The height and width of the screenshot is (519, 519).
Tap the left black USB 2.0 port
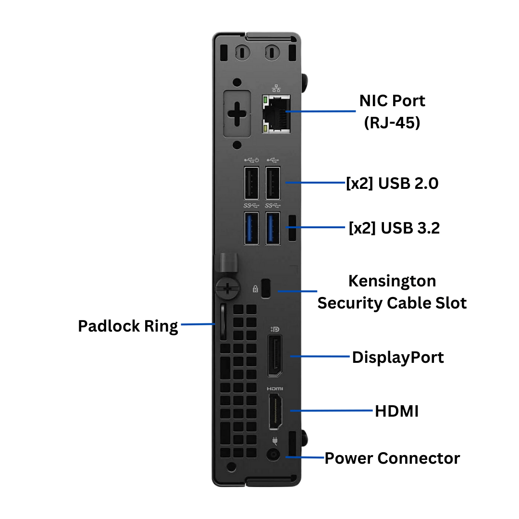click(x=251, y=183)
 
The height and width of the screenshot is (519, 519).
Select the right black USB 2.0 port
click(x=273, y=183)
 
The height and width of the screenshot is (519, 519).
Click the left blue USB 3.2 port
click(x=251, y=227)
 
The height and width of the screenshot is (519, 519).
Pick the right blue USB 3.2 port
click(x=273, y=227)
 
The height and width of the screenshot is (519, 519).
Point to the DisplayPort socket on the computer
click(x=275, y=356)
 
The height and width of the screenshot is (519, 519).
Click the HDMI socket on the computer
click(x=275, y=411)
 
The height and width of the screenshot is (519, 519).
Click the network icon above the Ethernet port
click(x=276, y=88)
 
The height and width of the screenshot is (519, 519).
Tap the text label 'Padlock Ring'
click(x=128, y=326)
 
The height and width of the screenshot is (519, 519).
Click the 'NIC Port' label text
click(x=392, y=101)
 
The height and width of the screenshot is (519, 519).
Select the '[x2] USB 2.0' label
click(x=392, y=183)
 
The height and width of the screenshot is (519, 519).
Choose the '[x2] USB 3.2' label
click(x=394, y=228)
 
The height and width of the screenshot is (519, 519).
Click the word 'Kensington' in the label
click(x=392, y=281)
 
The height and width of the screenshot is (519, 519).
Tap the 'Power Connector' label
click(x=392, y=458)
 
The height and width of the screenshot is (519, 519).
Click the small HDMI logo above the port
click(x=275, y=388)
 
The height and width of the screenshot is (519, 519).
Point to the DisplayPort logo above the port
click(x=275, y=329)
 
